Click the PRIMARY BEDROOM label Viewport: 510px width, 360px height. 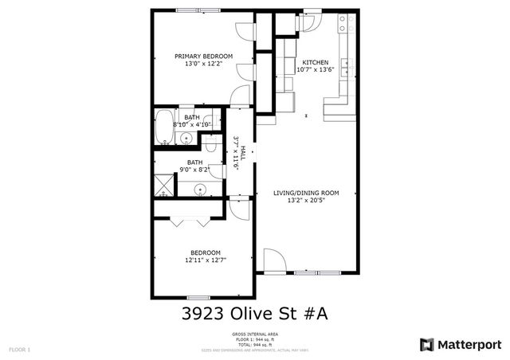coord(204,56)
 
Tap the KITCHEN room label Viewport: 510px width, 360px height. coord(315,61)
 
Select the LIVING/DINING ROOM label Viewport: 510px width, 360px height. coord(307,192)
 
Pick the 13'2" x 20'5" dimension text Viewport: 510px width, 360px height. coord(307,200)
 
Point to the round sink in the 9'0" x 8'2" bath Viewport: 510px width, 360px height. coord(199,190)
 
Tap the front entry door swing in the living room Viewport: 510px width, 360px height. coord(273,260)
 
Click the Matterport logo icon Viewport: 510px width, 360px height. coord(427,344)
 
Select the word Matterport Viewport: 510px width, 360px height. coord(470,344)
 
